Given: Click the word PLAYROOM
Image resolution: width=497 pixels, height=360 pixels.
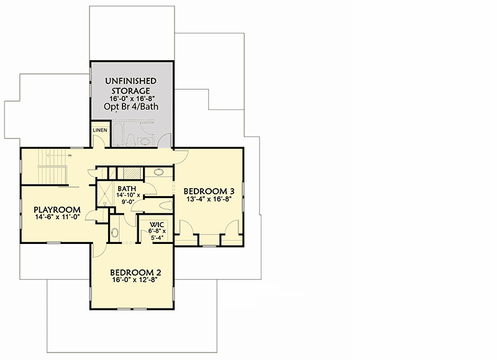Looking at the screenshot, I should point(57,209).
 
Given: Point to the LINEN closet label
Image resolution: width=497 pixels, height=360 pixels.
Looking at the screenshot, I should point(99,130).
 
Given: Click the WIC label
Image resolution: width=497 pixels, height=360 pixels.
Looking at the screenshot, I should point(155,225).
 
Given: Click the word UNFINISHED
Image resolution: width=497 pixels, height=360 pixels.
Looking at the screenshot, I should point(130,81).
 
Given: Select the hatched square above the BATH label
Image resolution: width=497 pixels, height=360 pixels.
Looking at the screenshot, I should point(130,173).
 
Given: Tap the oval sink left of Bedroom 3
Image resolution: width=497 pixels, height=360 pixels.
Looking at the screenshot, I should point(158,173).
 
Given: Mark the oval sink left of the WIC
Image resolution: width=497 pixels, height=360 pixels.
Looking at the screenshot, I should point(115,233).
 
